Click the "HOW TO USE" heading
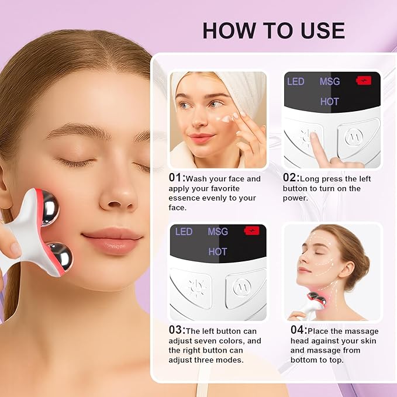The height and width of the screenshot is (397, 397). tap(274, 30)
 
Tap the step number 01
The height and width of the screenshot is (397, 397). tap(175, 177)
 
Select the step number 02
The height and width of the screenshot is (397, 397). tap(290, 177)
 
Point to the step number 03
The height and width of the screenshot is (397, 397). tap(176, 329)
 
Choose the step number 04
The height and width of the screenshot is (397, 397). tap(298, 330)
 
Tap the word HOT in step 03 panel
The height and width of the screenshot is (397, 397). tap(218, 251)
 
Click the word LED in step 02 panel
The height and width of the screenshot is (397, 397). tap(295, 81)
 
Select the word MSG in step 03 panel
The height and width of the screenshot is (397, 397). tap(218, 232)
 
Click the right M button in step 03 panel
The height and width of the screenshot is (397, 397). tap(241, 287)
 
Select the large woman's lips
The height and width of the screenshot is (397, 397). tap(112, 240)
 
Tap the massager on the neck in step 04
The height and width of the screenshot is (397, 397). tap(315, 302)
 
